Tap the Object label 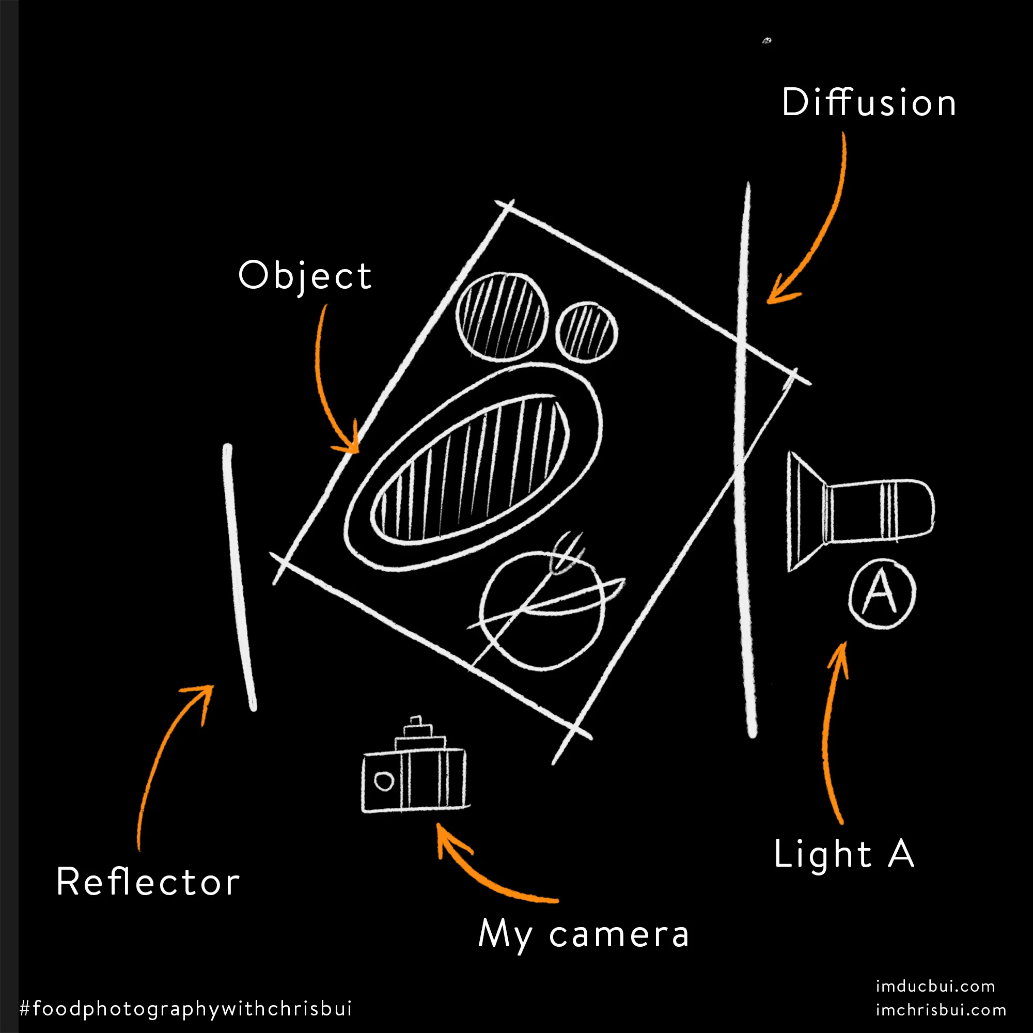(x=305, y=277)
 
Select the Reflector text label (x=148, y=882)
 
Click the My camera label (x=583, y=935)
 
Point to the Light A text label (x=844, y=854)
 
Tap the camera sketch (x=415, y=765)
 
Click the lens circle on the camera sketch (x=383, y=781)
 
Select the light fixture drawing (x=860, y=511)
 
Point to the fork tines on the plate (x=567, y=551)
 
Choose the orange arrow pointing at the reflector (x=161, y=748)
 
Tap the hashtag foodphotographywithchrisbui (x=185, y=1008)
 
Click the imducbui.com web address (x=935, y=986)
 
